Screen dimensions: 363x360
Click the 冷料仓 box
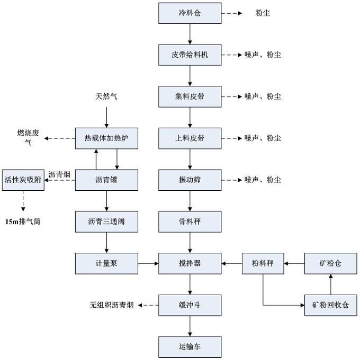190,13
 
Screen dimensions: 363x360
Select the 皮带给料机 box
190,55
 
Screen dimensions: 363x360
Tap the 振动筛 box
190,180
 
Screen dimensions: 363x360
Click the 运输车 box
190,347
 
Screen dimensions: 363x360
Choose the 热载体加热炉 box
107,138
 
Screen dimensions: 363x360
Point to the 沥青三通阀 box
107,222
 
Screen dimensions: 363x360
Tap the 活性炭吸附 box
23,180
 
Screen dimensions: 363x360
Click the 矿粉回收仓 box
331,305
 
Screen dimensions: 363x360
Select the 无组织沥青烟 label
112,305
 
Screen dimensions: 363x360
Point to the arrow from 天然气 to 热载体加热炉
107,117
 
